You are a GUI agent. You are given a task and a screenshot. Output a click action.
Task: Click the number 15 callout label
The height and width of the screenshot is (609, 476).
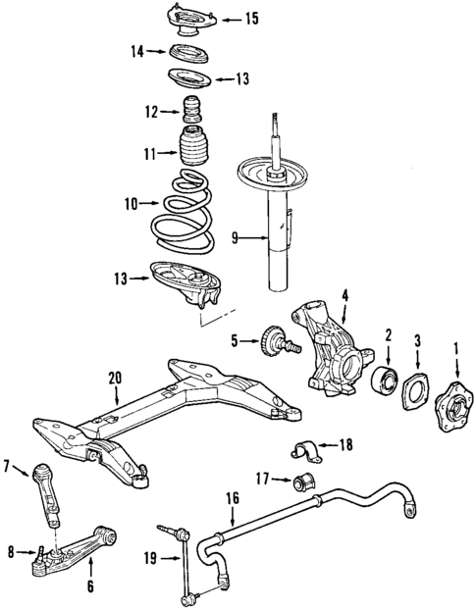click(252, 18)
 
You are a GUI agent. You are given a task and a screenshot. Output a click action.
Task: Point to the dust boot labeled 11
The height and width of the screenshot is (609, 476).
click(194, 154)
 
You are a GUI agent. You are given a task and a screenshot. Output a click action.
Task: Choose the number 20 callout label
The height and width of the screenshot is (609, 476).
click(115, 376)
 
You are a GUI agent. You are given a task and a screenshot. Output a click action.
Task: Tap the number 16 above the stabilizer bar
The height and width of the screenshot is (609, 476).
click(233, 497)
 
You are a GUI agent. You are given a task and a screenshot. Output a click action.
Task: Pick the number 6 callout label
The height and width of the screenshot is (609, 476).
click(89, 588)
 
